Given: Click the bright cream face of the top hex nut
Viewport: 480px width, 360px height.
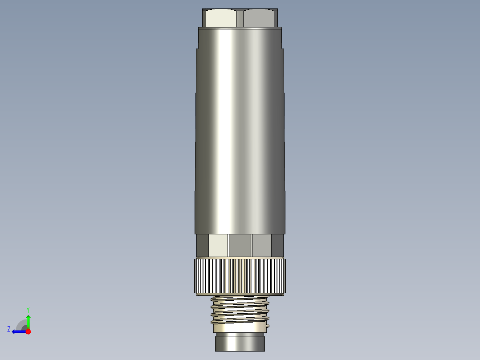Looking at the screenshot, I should click(221, 18).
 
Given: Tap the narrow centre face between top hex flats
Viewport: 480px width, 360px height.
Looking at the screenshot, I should click(240, 18).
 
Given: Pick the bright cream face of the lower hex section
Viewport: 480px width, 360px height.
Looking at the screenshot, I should click(218, 245).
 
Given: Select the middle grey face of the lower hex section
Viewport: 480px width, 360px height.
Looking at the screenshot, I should click(240, 245).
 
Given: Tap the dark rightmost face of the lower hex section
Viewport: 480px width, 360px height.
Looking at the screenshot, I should click(277, 245).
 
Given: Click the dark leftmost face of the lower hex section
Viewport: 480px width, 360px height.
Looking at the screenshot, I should click(203, 245).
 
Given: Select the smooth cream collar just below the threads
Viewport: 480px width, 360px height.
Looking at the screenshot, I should click(240, 329).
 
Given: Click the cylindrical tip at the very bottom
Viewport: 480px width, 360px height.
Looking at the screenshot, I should click(240, 344).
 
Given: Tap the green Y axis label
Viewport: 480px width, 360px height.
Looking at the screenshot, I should click(28, 309).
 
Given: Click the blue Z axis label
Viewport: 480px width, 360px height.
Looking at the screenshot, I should click(9, 329).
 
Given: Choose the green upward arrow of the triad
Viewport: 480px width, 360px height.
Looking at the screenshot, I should click(28, 321).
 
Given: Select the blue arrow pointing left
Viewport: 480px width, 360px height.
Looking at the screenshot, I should click(18, 331).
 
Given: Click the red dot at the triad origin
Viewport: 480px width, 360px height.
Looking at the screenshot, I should click(28, 331).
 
